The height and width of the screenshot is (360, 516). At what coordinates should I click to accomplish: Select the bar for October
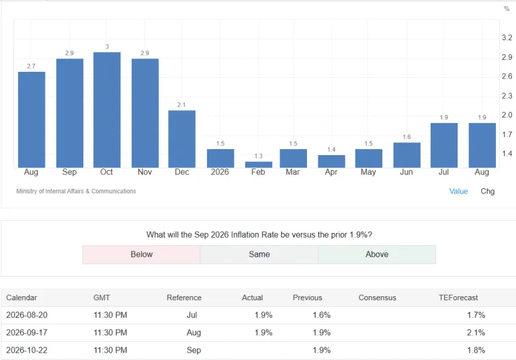coord(107,110)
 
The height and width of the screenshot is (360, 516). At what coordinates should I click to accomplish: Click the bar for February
coord(259,165)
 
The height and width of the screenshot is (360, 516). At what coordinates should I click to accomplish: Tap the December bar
coord(181,139)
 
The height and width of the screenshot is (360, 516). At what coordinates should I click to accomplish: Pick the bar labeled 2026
coord(220,159)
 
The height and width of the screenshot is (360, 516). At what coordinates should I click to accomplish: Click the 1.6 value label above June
coord(406,137)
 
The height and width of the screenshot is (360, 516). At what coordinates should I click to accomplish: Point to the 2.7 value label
coord(32,66)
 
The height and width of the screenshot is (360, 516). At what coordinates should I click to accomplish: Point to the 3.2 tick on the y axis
coord(507,38)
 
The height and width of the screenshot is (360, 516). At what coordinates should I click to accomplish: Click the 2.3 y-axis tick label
coord(507,96)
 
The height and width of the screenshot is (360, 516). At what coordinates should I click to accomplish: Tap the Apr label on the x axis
coord(331,172)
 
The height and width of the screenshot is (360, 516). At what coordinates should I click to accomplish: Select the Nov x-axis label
coord(145,172)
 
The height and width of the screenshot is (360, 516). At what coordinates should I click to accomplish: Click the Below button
coord(142,255)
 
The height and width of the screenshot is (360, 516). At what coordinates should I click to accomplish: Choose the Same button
coord(259,255)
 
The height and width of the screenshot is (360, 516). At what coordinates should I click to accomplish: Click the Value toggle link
coord(458,191)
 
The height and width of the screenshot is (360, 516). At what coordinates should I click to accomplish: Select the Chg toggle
coord(487,191)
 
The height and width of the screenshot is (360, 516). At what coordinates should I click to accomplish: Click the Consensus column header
coord(377,298)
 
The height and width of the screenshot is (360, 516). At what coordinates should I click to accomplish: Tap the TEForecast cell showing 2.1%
coord(476,332)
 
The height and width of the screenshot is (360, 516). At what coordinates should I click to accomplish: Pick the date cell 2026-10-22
coord(27,350)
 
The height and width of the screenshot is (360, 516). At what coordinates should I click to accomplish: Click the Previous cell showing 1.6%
coord(322,315)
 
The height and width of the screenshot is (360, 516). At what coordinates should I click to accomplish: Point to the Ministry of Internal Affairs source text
coord(76,191)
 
